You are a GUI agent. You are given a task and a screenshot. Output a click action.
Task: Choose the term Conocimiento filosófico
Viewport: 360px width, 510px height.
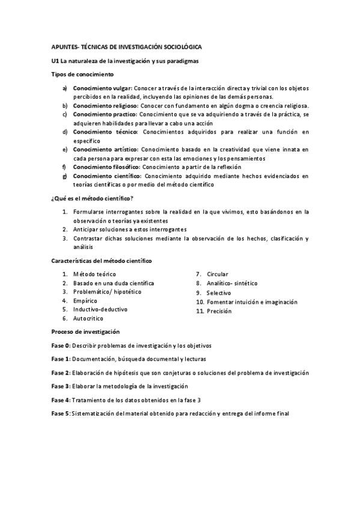pyautogui.click(x=106, y=167)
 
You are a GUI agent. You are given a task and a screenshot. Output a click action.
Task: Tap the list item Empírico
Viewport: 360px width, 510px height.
pyautogui.click(x=85, y=300)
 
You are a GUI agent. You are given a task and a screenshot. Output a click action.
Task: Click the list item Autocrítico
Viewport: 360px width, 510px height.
pyautogui.click(x=90, y=318)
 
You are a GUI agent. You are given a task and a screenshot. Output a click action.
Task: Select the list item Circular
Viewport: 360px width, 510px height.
pyautogui.click(x=218, y=274)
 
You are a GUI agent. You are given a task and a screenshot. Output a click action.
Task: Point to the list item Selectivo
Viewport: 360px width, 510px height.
pyautogui.click(x=219, y=293)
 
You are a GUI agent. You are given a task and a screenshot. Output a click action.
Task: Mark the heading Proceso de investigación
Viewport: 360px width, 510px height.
pyautogui.click(x=85, y=331)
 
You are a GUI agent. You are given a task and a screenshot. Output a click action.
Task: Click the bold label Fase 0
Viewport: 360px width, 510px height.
pyautogui.click(x=61, y=345)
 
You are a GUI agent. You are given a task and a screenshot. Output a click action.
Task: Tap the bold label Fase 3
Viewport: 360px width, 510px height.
pyautogui.click(x=61, y=386)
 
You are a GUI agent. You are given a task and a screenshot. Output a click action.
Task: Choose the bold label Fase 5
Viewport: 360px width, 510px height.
pyautogui.click(x=61, y=413)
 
